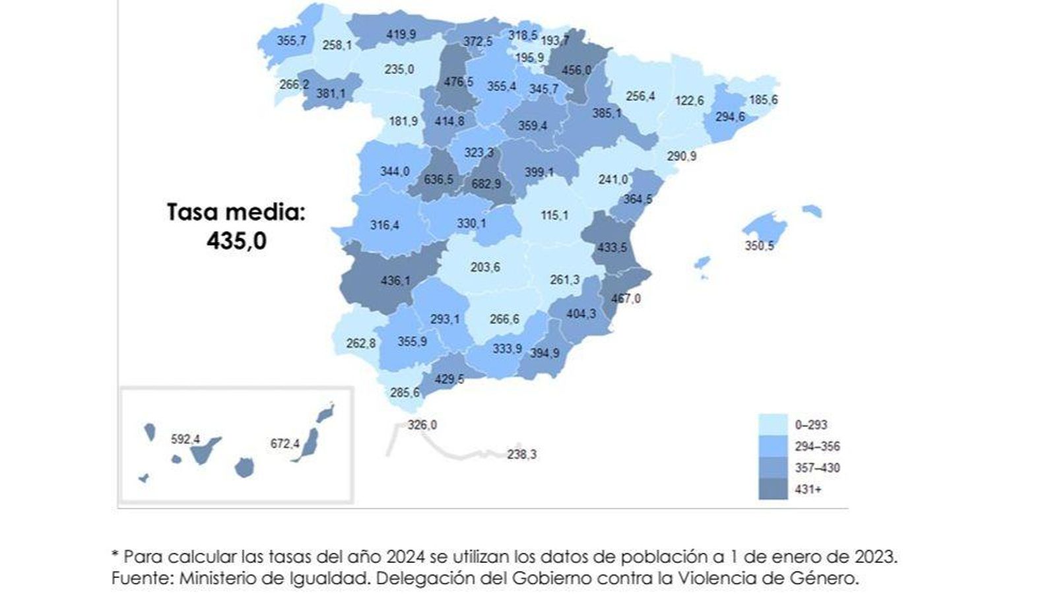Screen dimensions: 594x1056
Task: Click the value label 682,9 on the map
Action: pos(486,183)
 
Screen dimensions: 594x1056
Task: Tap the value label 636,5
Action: pos(438,179)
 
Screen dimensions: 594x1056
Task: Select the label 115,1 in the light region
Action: pos(554,215)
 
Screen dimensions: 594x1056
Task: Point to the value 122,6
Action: pos(689,100)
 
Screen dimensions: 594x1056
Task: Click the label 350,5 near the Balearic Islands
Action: pos(759,246)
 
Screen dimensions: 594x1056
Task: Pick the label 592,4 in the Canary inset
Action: pos(185,439)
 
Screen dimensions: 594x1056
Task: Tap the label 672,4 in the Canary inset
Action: pos(284,444)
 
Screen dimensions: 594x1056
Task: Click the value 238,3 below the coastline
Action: pos(521,454)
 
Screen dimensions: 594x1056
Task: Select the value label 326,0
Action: pos(422,425)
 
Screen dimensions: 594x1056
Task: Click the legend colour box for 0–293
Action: pos(773,424)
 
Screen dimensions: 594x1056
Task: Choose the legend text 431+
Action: pos(808,489)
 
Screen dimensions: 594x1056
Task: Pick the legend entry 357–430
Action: pos(817,467)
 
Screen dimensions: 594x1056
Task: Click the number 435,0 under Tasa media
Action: pos(236,241)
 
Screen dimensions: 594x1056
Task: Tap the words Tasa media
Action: pos(236,213)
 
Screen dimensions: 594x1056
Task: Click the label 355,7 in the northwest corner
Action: pos(291,40)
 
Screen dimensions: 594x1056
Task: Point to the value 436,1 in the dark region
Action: pos(395,280)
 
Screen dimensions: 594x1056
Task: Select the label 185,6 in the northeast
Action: pos(763,100)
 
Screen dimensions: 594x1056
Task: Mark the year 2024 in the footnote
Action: pos(405,556)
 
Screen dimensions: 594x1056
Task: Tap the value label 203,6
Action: pos(485,267)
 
